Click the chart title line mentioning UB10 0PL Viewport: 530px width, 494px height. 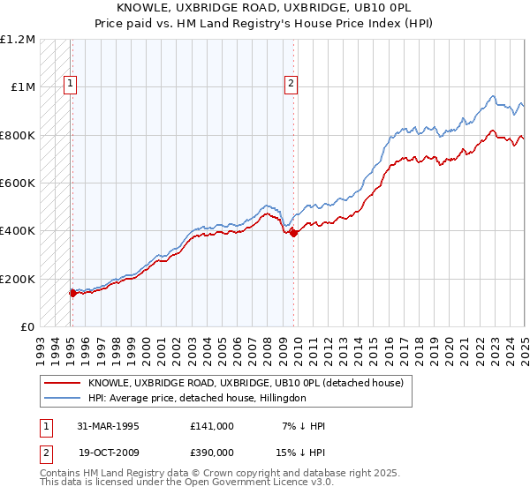264,7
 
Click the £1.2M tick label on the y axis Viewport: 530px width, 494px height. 18,40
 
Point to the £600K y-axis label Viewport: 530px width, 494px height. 18,183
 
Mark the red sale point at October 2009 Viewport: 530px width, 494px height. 293,233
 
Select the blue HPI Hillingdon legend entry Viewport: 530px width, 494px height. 195,398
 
